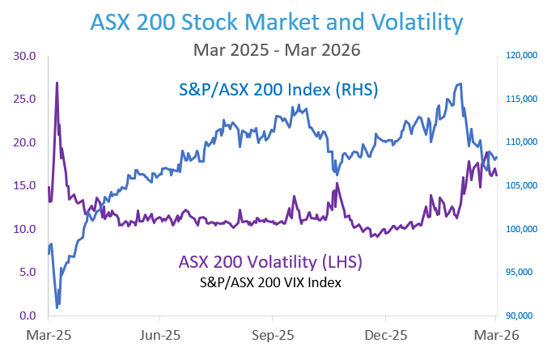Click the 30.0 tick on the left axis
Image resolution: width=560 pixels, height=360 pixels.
[x=25, y=56]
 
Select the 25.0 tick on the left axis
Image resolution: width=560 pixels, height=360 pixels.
[x=25, y=100]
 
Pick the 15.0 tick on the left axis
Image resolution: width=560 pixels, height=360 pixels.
[x=25, y=185]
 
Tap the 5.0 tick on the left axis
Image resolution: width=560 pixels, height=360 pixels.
[x=28, y=272]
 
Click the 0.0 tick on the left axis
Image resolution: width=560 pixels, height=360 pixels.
[x=28, y=316]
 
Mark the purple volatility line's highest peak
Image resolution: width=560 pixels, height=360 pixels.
[x=57, y=83]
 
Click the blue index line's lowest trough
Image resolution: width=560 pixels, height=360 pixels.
[x=57, y=307]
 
